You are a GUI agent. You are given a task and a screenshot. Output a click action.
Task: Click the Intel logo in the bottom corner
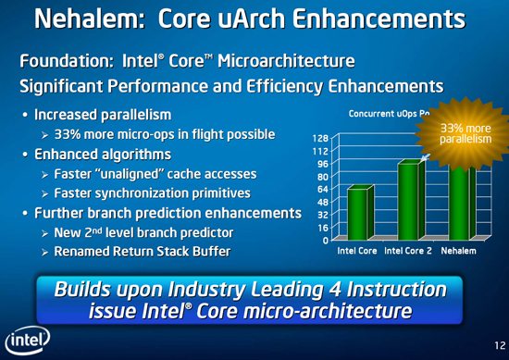point(26,339)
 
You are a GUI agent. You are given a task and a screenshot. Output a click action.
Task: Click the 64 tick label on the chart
point(320,189)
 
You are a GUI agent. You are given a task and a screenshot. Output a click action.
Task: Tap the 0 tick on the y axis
point(323,240)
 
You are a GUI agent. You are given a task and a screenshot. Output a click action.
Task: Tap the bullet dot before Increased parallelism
point(22,117)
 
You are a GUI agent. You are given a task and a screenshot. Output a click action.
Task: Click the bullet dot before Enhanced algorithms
point(22,155)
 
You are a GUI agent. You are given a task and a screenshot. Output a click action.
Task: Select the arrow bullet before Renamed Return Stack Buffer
point(43,250)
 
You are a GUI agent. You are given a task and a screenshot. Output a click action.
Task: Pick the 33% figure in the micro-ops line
point(70,136)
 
